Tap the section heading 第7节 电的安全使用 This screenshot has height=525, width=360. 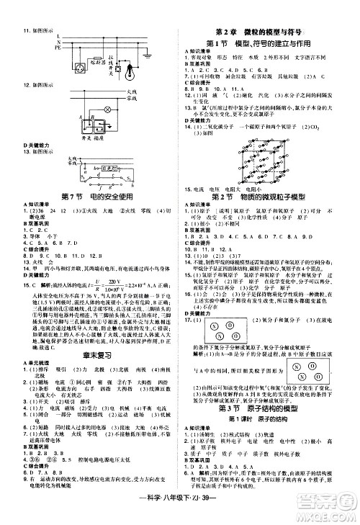86,197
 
